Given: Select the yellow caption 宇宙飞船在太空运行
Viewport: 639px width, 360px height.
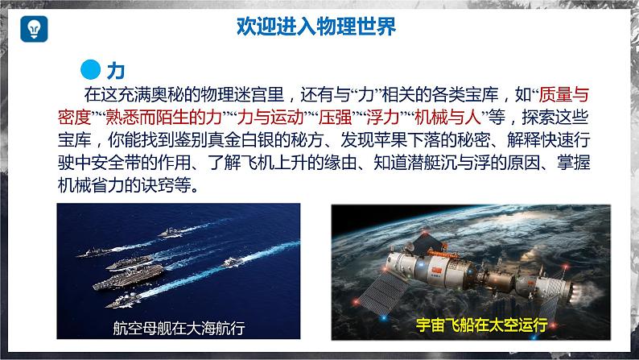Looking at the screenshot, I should click(481, 325).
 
